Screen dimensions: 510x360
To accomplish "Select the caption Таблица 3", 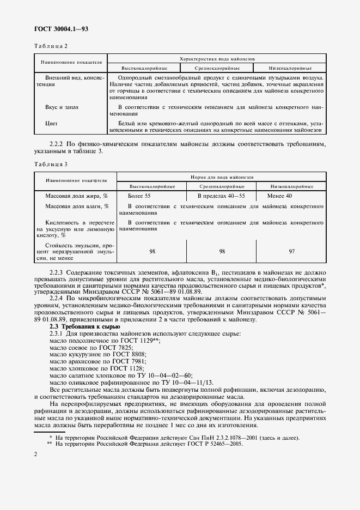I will click(51, 164).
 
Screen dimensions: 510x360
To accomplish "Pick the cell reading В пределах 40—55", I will click(221, 195).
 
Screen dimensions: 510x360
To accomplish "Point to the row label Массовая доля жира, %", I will click(71, 195).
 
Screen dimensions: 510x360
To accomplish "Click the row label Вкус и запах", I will click(63, 108).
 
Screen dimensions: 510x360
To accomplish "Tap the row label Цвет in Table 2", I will click(52, 123).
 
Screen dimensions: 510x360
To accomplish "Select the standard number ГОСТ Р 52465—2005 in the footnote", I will click(215, 444).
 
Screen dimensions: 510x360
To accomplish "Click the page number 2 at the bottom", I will click(35, 454).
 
